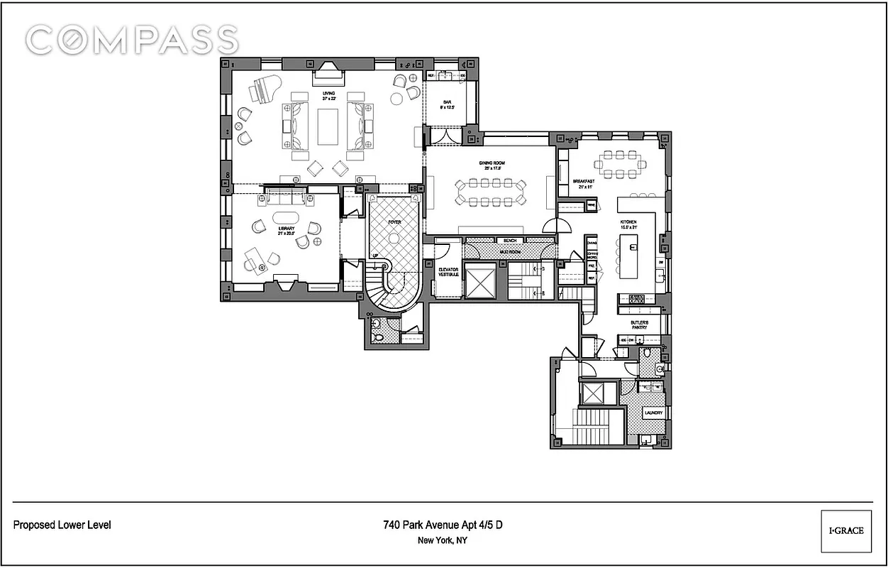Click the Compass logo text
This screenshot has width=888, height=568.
pyautogui.click(x=132, y=40)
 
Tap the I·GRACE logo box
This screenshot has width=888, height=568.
pyautogui.click(x=845, y=530)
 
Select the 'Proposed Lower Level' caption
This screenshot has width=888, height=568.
pyautogui.click(x=62, y=525)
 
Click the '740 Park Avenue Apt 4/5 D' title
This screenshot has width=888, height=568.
pyautogui.click(x=443, y=525)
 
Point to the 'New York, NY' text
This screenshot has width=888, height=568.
pyautogui.click(x=443, y=540)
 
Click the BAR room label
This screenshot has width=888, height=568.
pyautogui.click(x=448, y=104)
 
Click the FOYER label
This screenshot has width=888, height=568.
pyautogui.click(x=394, y=222)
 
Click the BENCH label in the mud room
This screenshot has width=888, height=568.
pyautogui.click(x=509, y=241)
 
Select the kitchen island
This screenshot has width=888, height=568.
pyautogui.click(x=631, y=256)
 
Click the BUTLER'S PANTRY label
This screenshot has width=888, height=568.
pyautogui.click(x=639, y=325)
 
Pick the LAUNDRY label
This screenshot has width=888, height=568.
pyautogui.click(x=653, y=413)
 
